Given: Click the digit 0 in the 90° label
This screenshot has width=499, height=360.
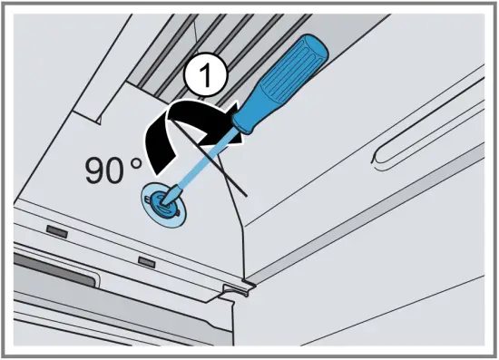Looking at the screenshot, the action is (122, 170).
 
